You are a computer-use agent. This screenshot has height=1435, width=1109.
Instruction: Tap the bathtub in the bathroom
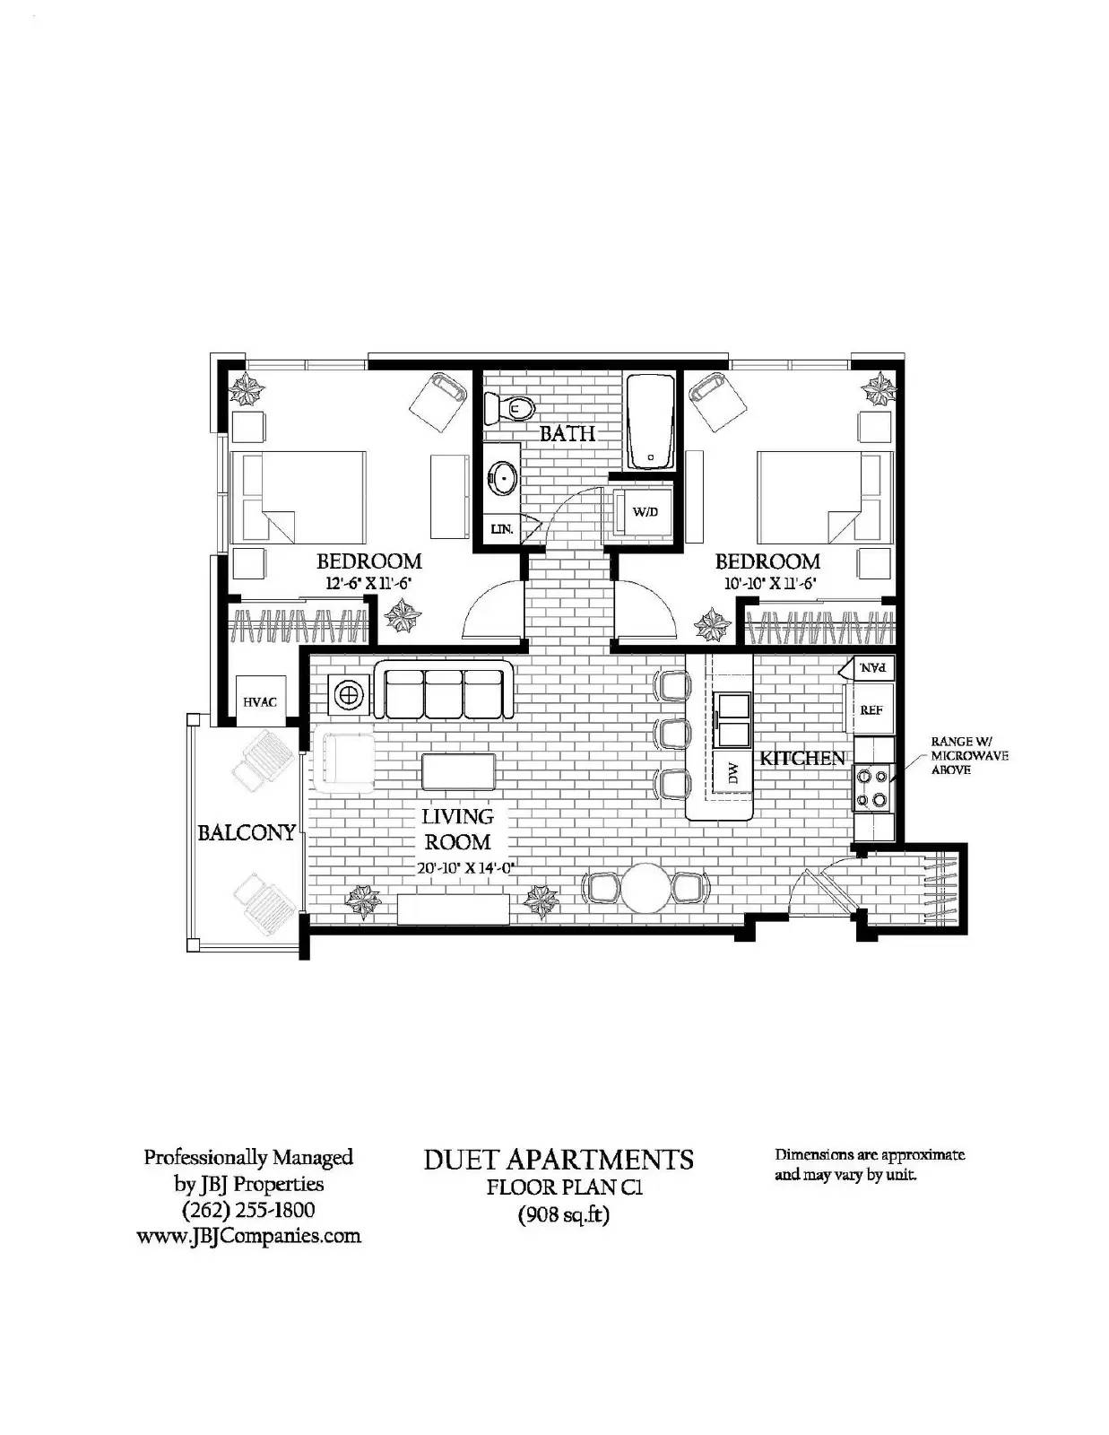650,421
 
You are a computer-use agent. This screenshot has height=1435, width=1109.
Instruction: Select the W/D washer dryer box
645,512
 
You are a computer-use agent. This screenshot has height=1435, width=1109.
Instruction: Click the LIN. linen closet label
501,529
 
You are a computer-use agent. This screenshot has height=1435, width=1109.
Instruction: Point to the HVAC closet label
260,701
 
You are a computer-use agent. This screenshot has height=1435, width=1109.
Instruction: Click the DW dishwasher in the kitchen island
732,771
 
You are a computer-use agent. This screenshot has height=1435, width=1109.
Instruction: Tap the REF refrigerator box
871,709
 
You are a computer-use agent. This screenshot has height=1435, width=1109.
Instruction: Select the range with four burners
872,787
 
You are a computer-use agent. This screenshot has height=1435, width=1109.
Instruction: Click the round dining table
646,888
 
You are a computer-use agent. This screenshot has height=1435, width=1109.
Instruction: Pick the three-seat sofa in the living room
443,691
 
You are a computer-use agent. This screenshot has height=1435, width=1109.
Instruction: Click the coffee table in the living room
458,772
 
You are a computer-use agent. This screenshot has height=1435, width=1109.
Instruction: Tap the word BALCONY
247,832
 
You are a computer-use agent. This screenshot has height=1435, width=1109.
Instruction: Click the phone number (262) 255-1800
248,1210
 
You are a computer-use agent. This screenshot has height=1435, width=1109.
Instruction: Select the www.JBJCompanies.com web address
248,1236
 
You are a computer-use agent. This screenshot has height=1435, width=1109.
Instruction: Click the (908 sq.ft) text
564,1216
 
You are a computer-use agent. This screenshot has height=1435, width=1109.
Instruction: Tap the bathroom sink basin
503,478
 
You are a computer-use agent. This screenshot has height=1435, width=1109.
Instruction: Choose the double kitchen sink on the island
732,719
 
